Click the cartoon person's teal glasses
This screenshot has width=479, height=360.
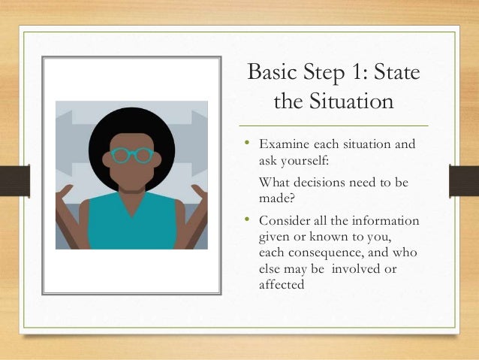(131, 156)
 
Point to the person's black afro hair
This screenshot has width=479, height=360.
(131, 124)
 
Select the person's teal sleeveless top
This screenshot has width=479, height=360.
(131, 225)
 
